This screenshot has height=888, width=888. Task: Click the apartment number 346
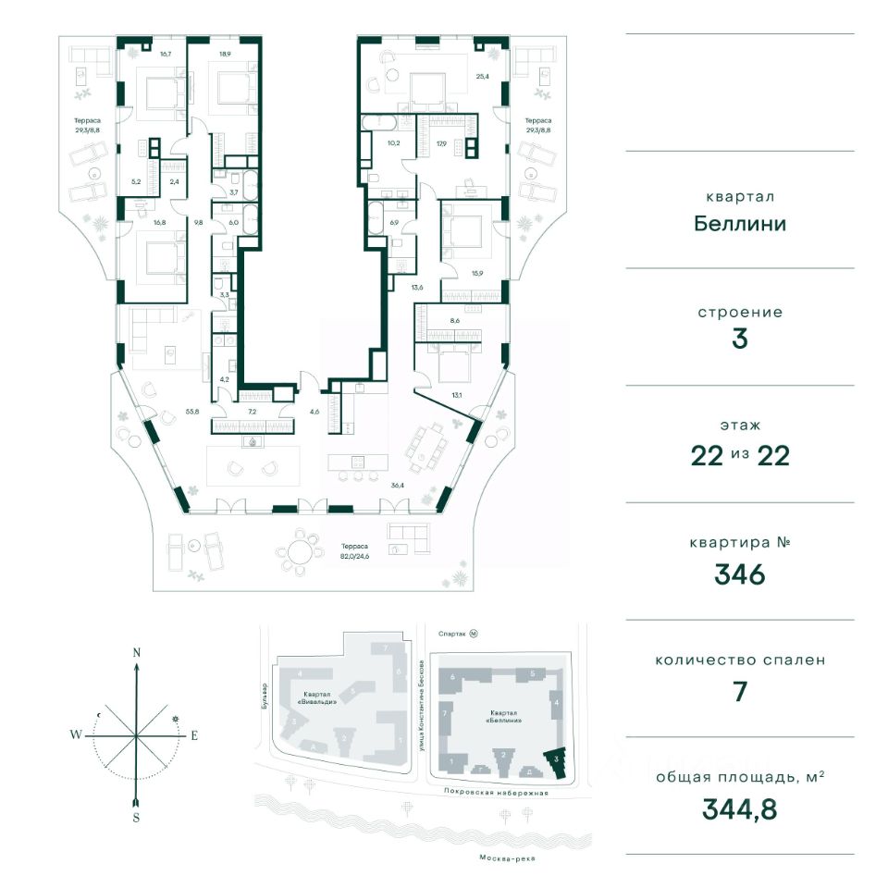coord(739,574)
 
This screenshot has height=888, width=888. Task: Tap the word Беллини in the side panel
coord(739,223)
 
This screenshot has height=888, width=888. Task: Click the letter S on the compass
coord(136,817)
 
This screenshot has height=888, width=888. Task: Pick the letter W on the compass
coord(73,735)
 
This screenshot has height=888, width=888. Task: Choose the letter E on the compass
coord(194,736)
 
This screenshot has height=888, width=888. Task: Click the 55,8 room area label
coord(192,411)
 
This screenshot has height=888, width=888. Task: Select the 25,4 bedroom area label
coord(480,78)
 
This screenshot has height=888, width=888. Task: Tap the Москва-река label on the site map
coord(507,858)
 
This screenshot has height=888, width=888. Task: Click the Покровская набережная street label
coord(496,793)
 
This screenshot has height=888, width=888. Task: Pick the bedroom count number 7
coord(739,692)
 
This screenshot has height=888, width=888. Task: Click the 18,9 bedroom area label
coord(225,55)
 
